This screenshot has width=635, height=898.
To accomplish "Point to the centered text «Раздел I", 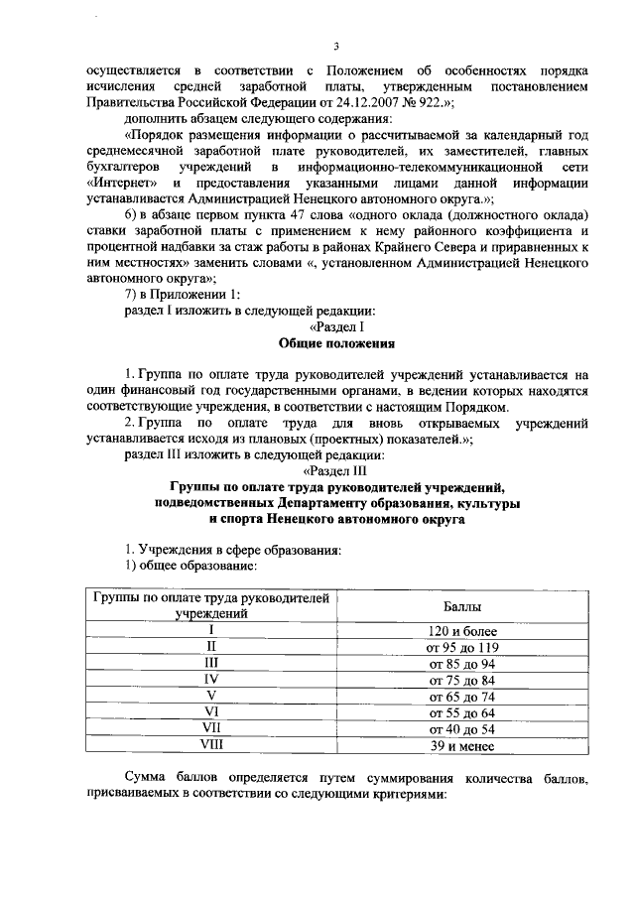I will coord(337,326).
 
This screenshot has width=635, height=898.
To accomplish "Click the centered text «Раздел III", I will coord(336,470).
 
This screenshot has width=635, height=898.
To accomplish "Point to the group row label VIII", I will coord(211,746).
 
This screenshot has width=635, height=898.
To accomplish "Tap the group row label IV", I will coord(211,680).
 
